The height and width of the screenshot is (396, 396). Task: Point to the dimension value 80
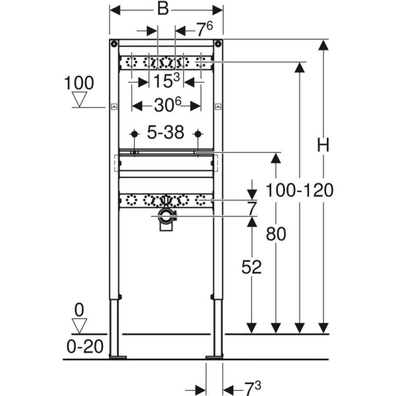[x=277, y=234]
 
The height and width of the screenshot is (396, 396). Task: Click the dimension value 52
[x=251, y=267]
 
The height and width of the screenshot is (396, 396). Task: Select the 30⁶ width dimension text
[x=166, y=106]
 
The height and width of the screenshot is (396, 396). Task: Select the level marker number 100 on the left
[x=79, y=83]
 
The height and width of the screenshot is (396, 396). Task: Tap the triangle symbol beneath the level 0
[x=81, y=326]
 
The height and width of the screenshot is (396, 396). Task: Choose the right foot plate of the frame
[x=214, y=358]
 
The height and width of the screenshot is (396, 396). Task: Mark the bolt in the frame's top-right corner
[x=217, y=45]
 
